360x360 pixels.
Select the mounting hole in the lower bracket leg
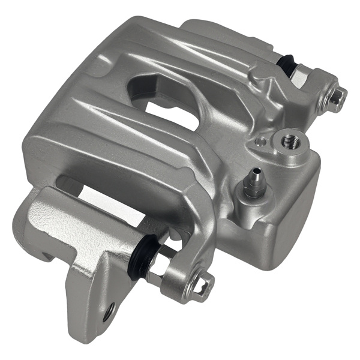click(109, 312)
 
